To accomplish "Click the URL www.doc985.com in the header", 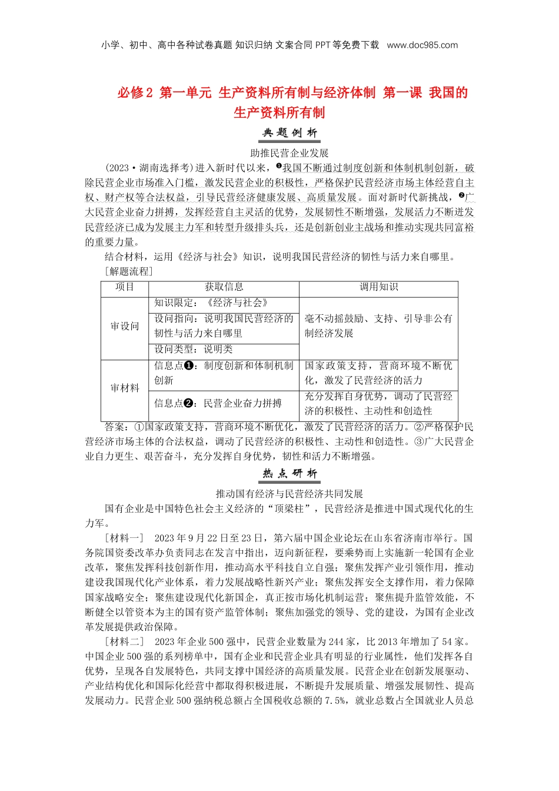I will (x=422, y=45).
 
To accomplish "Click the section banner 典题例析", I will (x=290, y=134).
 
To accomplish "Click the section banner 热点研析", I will (x=290, y=474).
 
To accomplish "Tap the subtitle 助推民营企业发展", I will (x=290, y=153).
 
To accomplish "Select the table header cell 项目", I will (x=125, y=287).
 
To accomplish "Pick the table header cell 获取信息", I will (x=224, y=287).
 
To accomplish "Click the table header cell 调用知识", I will (x=378, y=287).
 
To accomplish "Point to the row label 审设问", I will (x=125, y=326).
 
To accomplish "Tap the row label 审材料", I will (x=125, y=388).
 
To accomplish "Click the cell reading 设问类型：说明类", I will (x=194, y=349).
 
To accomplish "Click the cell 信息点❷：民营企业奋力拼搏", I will (x=218, y=403).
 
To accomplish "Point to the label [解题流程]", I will (x=129, y=271).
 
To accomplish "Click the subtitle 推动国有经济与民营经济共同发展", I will (x=290, y=494).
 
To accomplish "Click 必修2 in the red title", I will (x=135, y=93).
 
